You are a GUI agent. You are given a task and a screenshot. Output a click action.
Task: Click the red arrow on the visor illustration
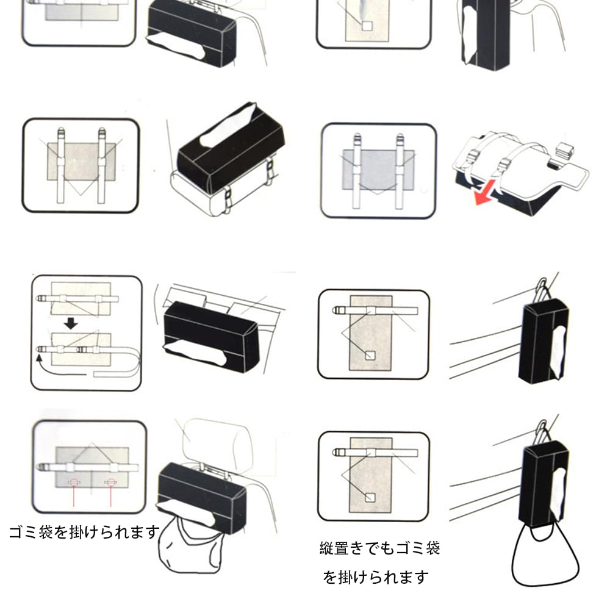[x=485, y=192]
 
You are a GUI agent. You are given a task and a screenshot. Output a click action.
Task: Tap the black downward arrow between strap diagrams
[x=71, y=323]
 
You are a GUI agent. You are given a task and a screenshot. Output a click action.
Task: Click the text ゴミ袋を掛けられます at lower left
[x=84, y=532]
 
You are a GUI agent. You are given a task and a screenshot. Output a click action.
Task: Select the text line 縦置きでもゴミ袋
[x=379, y=548]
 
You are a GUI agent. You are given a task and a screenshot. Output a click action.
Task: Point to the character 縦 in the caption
[x=327, y=548]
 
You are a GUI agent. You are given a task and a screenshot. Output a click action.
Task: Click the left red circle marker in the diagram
[x=74, y=483]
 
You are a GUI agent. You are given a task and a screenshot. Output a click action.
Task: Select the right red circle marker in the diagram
[x=110, y=483]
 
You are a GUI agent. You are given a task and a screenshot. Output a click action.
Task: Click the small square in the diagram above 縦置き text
[x=370, y=498]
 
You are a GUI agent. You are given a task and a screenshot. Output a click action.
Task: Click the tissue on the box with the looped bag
[x=559, y=494]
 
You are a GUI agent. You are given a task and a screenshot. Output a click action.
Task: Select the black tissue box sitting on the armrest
[x=231, y=148]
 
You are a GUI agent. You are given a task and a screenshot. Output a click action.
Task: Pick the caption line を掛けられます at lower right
[x=376, y=577]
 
